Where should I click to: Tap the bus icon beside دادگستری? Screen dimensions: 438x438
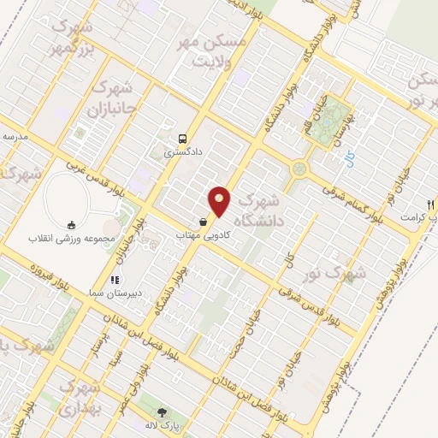click(x=182, y=138)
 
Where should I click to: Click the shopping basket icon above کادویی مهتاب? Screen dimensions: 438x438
click(x=202, y=221)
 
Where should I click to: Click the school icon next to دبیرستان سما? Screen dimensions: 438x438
click(x=113, y=279)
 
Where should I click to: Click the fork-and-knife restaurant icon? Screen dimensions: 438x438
click(x=431, y=204)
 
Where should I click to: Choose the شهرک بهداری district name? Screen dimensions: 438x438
click(x=84, y=398)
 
